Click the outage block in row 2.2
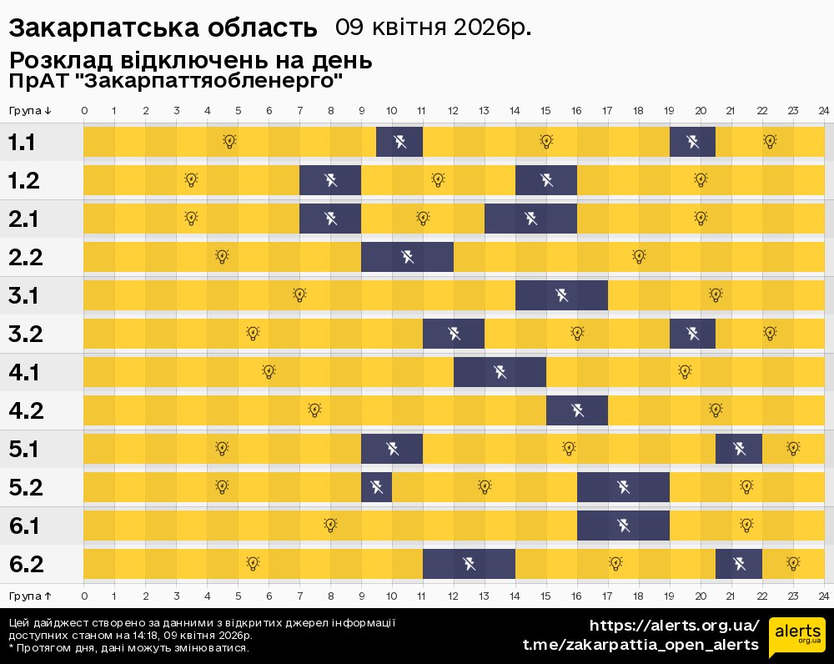coord(407,257)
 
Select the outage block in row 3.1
coord(561,295)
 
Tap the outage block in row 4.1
coord(500,372)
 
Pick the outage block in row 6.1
coord(623,526)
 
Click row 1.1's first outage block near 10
coord(399,142)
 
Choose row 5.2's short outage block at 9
coord(376,487)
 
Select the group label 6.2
coord(26,564)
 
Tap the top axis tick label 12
coord(453,111)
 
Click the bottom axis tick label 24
coord(822,596)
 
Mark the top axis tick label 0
coord(84,111)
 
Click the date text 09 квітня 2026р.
coord(433,28)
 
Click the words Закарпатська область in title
coord(163,28)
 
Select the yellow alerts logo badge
coord(796,638)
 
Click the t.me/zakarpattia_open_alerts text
coord(641,645)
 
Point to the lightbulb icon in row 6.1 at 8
coord(330,525)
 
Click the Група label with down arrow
coord(30,111)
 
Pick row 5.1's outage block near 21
coord(739,449)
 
